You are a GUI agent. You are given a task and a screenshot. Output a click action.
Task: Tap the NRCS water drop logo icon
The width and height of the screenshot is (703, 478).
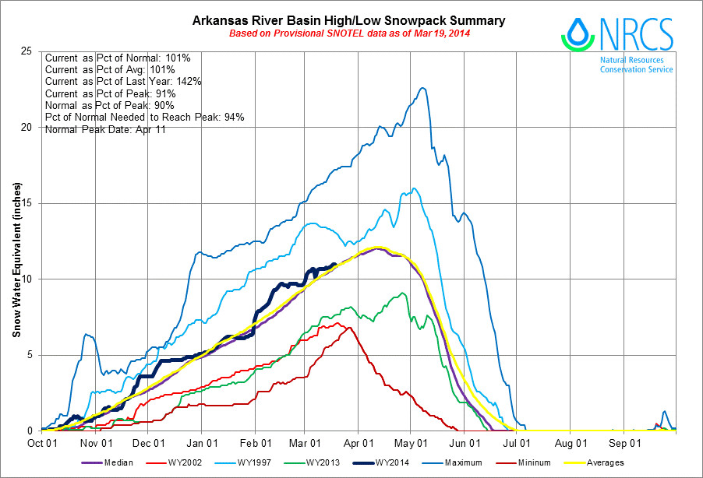pyautogui.click(x=578, y=33)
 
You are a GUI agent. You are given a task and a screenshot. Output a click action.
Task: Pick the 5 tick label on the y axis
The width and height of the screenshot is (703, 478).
pyautogui.click(x=29, y=355)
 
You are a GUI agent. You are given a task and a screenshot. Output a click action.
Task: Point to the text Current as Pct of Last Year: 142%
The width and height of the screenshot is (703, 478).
pyautogui.click(x=124, y=82)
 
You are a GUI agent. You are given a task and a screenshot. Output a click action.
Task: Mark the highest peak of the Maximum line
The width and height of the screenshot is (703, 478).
pyautogui.click(x=422, y=88)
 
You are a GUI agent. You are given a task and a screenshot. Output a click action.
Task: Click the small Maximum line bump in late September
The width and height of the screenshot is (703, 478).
pyautogui.click(x=665, y=412)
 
